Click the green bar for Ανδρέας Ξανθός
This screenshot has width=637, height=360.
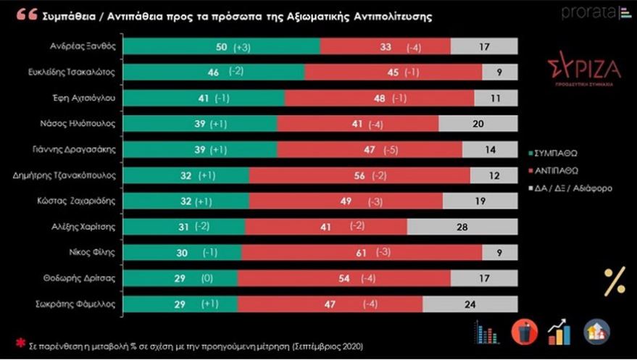pos(221,46)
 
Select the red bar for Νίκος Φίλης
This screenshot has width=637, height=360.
pos(362,252)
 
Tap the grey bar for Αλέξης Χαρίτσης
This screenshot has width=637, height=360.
pos(462,227)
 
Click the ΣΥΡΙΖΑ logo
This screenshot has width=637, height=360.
pos(584,72)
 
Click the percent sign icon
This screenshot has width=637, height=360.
pos(615,281)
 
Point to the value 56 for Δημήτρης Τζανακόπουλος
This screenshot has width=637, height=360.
pos(357,175)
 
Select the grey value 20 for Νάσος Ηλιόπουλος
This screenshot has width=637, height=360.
pos(478,124)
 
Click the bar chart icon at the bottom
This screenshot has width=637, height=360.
pos(483,332)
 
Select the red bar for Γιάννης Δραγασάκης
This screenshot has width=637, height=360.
pos(370,149)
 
